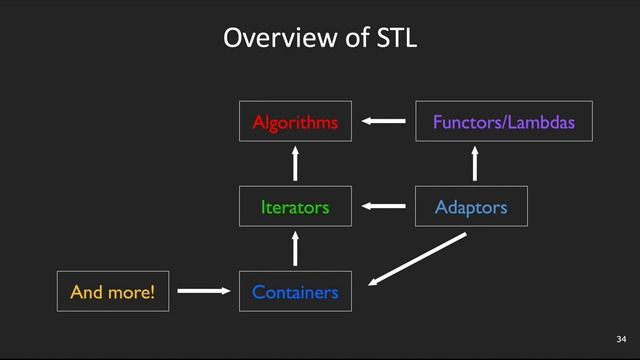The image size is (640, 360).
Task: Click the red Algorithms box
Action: (295, 122)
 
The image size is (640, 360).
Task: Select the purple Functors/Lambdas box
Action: (504, 122)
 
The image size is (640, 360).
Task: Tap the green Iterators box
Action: (295, 207)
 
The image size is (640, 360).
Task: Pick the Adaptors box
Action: (470, 207)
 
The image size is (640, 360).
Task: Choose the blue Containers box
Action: (295, 292)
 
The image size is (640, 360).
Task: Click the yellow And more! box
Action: (113, 292)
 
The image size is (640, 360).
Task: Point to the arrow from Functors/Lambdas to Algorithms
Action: (384, 122)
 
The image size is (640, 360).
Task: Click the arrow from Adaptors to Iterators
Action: (384, 207)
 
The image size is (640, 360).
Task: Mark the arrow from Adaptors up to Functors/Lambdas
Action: (475, 164)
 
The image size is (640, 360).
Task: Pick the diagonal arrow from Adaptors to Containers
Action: (417, 259)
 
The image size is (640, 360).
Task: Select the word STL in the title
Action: (395, 39)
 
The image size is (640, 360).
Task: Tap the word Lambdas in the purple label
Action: (544, 123)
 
